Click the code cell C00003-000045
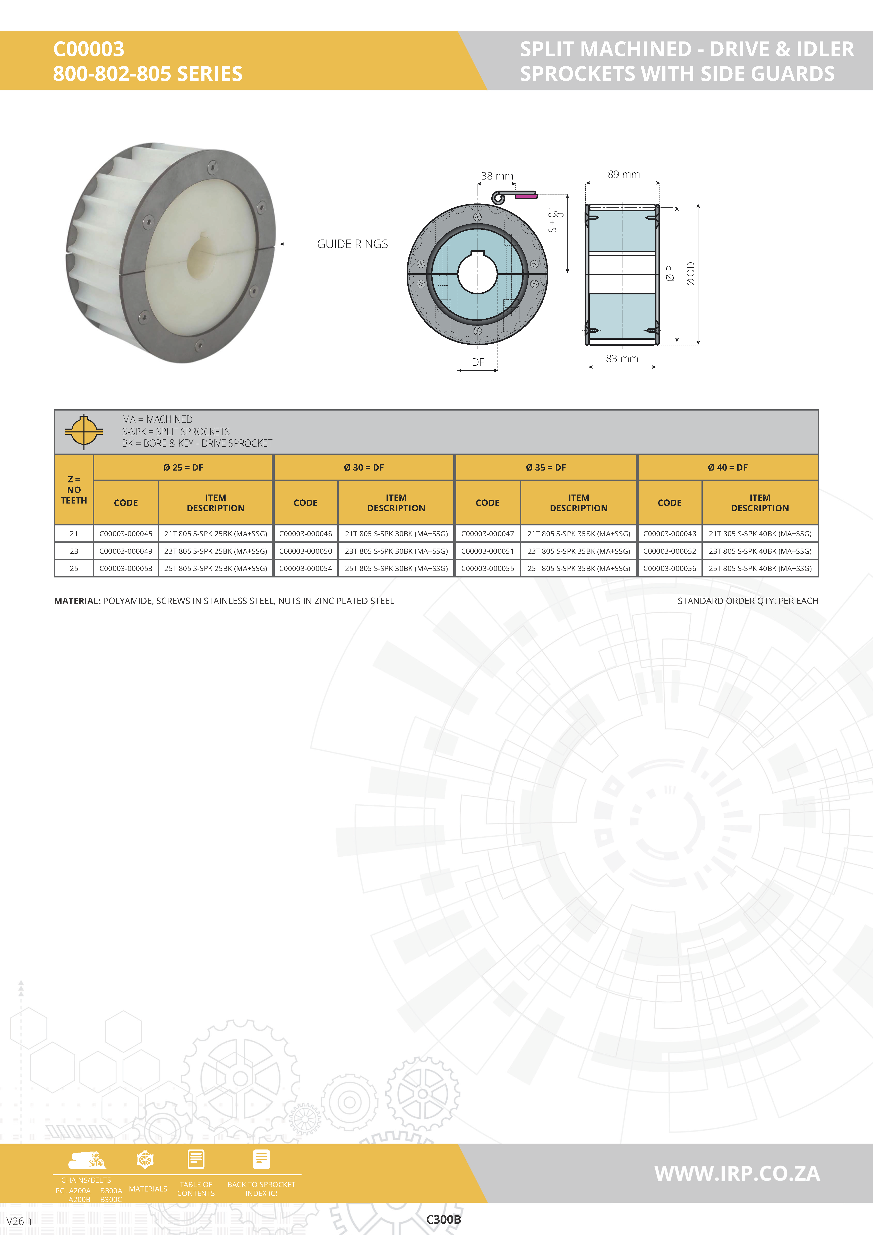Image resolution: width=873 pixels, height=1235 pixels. tap(126, 534)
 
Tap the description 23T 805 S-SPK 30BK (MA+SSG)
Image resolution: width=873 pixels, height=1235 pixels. tap(396, 551)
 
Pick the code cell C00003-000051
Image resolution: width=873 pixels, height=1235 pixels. tap(487, 551)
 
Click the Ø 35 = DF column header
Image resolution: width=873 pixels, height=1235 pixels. tap(546, 467)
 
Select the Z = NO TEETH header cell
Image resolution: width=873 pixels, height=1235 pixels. tap(74, 489)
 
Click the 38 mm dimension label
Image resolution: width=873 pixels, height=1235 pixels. tap(497, 176)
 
